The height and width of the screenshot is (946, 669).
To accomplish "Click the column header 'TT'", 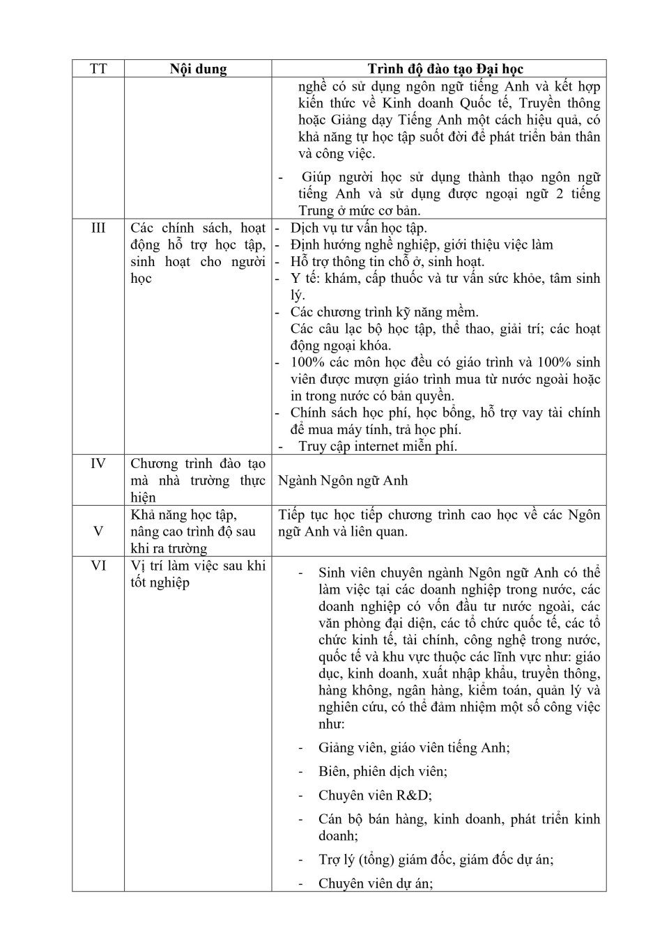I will click(x=98, y=69).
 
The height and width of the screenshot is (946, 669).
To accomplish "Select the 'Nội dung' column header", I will click(x=198, y=69).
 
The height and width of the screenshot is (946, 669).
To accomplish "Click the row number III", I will click(x=98, y=228).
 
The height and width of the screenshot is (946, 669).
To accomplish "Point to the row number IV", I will click(x=98, y=464).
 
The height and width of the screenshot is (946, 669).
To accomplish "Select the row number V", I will click(x=98, y=532).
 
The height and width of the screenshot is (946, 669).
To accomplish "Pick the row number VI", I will click(x=98, y=566).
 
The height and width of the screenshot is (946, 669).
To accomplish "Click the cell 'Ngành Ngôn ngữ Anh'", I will click(x=343, y=481).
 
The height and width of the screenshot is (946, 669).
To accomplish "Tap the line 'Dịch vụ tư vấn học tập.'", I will click(x=358, y=228).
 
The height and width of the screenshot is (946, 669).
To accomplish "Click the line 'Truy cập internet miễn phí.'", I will click(x=378, y=447).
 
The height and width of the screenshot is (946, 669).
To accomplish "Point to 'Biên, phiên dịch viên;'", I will click(x=383, y=772).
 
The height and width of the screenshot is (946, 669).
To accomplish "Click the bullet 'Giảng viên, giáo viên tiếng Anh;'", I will click(x=414, y=748).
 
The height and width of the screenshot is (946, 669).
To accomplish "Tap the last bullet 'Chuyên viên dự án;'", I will click(x=376, y=884).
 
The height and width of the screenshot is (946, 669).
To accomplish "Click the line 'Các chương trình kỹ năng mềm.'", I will click(x=384, y=312).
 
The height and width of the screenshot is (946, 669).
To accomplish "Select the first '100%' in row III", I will click(x=307, y=363).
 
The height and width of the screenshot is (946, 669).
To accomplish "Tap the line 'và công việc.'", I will click(x=337, y=154).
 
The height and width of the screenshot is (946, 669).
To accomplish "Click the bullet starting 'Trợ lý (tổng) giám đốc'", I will click(x=436, y=860).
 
